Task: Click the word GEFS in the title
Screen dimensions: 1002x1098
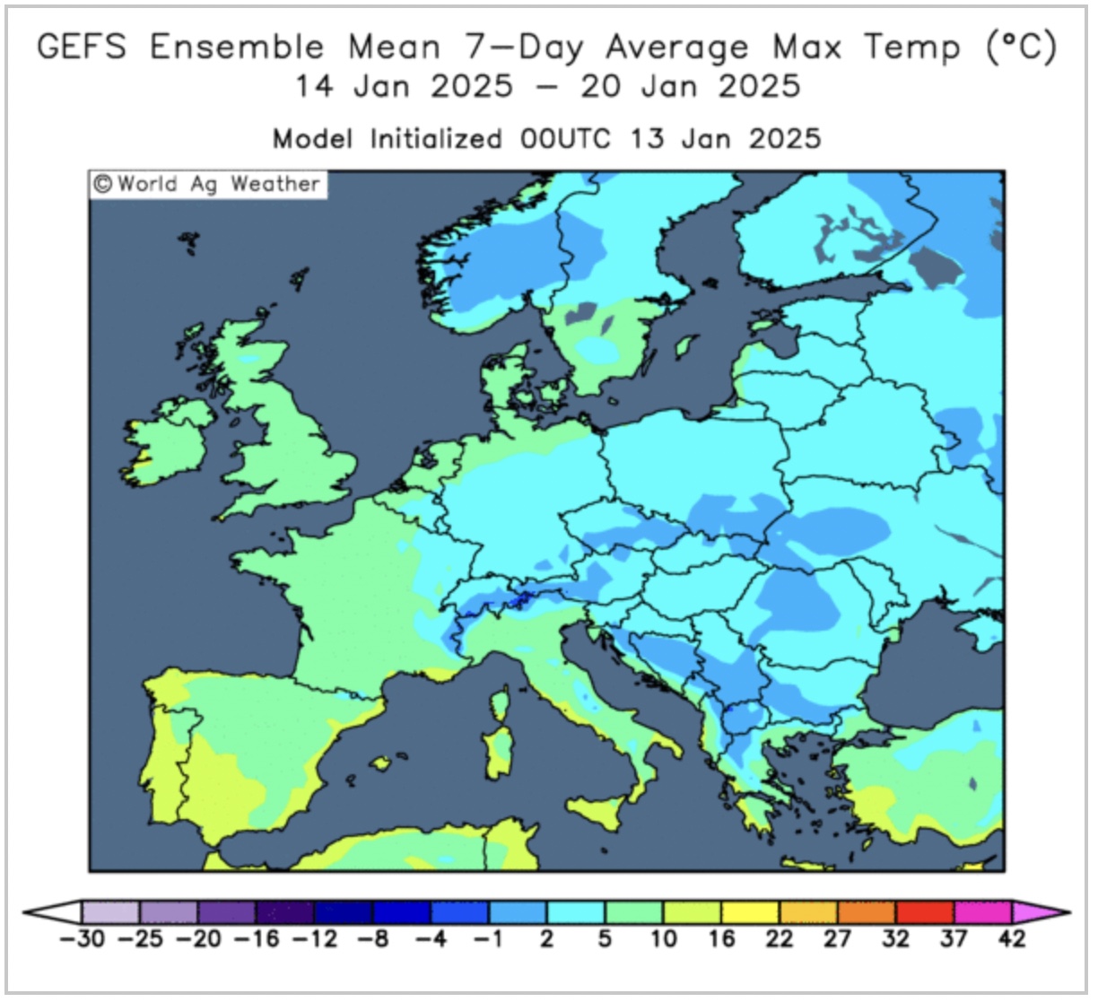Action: click(82, 47)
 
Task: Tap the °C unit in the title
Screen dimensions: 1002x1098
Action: click(1022, 47)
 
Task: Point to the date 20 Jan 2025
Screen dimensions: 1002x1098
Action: click(690, 87)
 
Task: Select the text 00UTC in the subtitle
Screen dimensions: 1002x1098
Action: click(565, 139)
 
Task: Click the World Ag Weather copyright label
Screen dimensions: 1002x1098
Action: click(208, 184)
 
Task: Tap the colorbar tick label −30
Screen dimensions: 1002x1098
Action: click(81, 939)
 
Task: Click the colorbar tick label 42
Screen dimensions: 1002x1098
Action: click(1011, 939)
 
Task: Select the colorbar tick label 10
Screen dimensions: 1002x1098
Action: click(663, 939)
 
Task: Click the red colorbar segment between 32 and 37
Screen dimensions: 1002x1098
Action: click(924, 912)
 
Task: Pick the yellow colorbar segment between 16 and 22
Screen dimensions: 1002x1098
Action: click(750, 912)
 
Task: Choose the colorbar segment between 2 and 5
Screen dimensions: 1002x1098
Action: click(575, 912)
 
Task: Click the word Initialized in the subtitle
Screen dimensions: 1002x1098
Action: click(436, 139)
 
